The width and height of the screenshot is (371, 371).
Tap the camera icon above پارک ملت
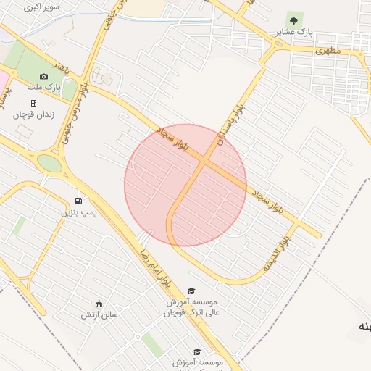pos(43,76)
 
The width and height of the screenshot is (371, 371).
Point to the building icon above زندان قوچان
pos(33,103)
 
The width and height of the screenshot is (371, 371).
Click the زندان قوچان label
pos(34,114)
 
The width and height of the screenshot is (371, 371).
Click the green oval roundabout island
pos(50,163)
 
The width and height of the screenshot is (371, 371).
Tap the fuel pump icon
pos(78,201)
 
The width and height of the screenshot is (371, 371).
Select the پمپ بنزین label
pos(78,212)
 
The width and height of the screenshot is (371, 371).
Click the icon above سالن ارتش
pos(99,304)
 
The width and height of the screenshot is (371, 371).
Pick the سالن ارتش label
pos(99,314)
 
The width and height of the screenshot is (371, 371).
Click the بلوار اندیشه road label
pos(278,254)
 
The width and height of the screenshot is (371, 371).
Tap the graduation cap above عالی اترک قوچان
pos(191,291)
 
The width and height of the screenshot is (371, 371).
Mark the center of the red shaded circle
pos(185,185)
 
